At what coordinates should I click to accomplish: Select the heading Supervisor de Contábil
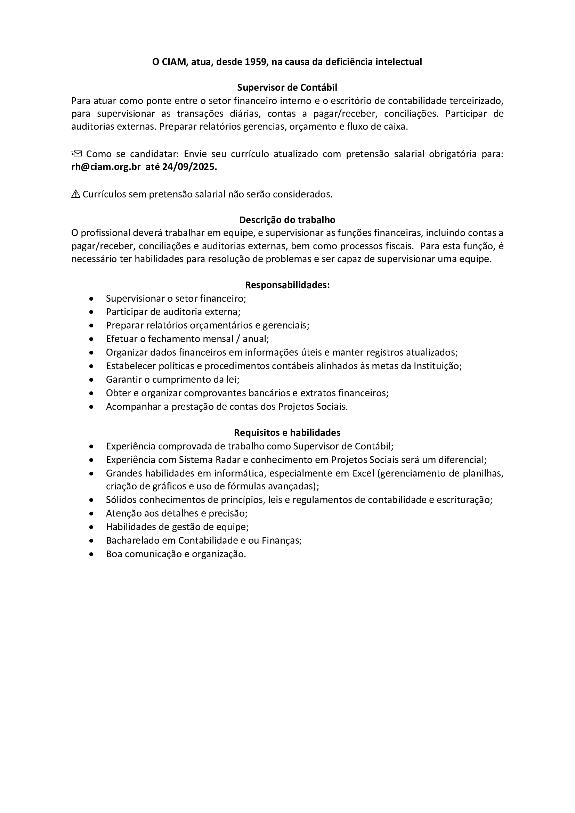[x=287, y=88]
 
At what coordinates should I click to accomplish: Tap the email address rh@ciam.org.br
[x=106, y=167]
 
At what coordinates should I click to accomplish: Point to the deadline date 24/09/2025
[x=189, y=167]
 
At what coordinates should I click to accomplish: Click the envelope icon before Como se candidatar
[x=77, y=154]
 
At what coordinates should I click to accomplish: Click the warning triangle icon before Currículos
[x=76, y=194]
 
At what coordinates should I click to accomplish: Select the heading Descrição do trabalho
[x=287, y=220]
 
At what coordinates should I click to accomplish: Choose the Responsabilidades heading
[x=287, y=285]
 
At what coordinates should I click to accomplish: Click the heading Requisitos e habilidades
[x=287, y=432]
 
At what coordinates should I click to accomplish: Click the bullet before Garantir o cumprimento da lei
[x=92, y=380]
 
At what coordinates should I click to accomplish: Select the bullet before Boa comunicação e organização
[x=92, y=554]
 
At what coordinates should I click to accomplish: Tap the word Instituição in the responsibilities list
[x=437, y=366]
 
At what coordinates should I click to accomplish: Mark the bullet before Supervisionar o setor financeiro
[x=92, y=299]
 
